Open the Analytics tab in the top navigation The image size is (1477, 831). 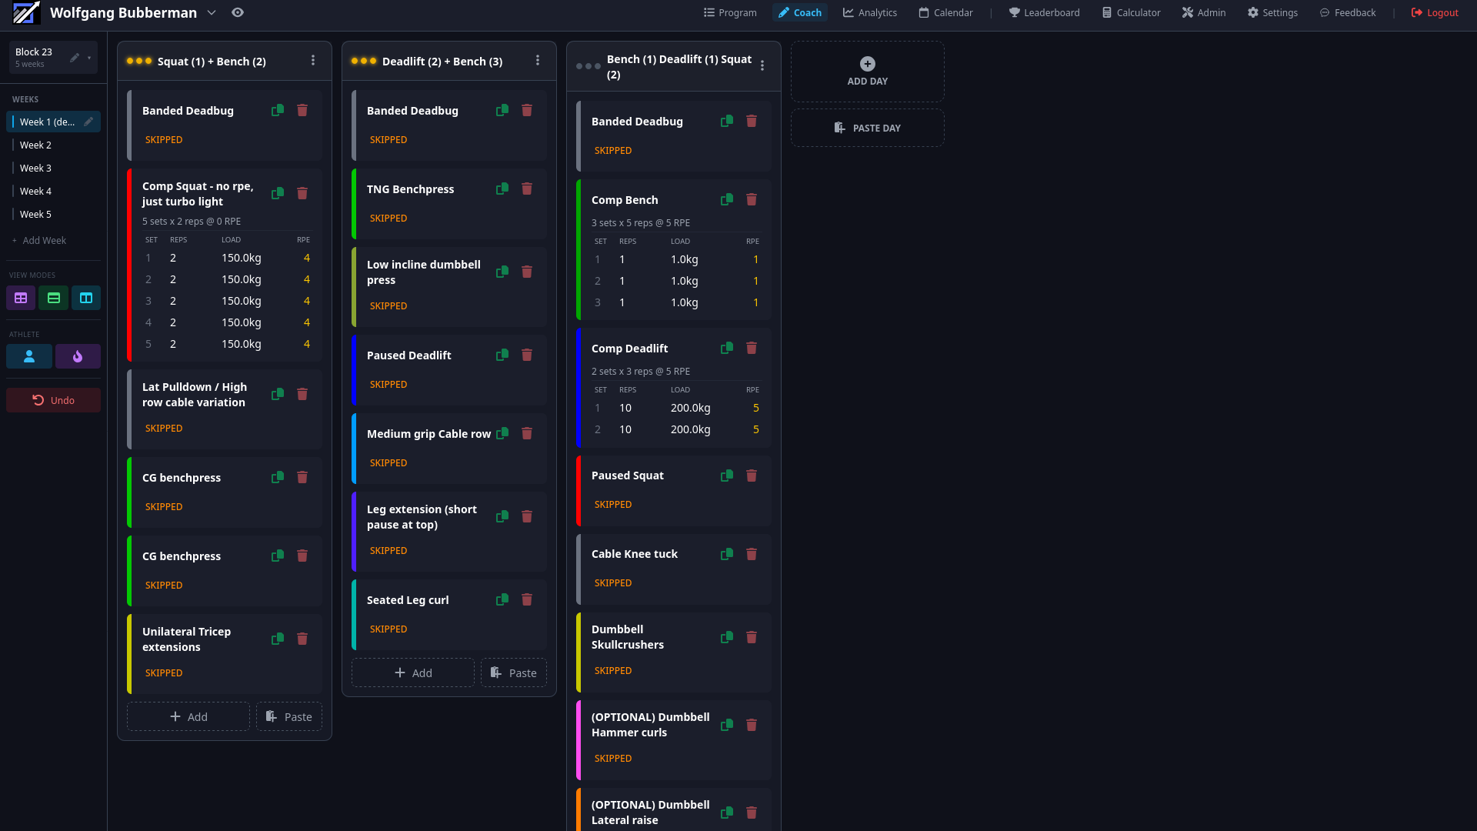click(x=869, y=13)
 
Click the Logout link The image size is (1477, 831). click(x=1435, y=13)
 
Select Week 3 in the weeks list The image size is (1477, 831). click(x=36, y=168)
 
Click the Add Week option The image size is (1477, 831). click(x=44, y=241)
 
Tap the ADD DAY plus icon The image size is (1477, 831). click(x=867, y=64)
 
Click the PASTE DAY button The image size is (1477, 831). click(x=867, y=128)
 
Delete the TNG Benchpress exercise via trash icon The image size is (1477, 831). click(x=527, y=189)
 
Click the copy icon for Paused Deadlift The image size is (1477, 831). click(x=502, y=355)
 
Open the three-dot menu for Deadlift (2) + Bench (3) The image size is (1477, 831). click(x=538, y=61)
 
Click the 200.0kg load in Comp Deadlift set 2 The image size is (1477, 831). click(x=690, y=429)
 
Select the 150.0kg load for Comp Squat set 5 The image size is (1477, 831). click(x=242, y=344)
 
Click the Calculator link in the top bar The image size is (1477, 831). click(x=1131, y=13)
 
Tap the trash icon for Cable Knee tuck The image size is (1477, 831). click(x=752, y=554)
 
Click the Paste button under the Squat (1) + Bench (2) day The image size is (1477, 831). click(x=289, y=716)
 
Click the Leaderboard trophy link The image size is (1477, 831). click(x=1044, y=13)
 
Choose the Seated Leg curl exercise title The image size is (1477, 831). click(x=408, y=600)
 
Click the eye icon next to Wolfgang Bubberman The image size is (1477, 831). click(x=238, y=13)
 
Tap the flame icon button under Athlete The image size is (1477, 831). click(x=78, y=356)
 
